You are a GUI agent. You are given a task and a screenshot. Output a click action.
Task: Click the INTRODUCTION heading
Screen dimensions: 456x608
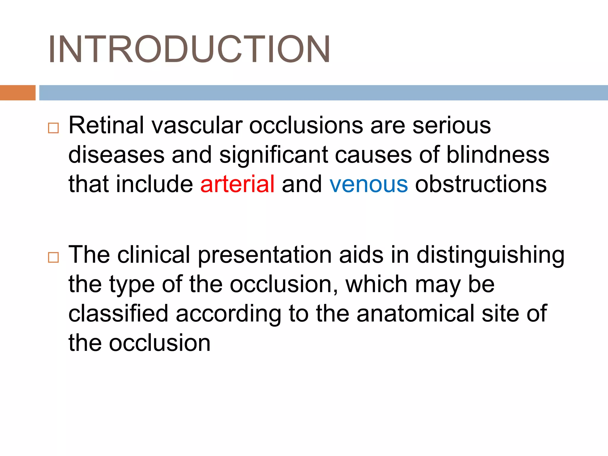(x=189, y=49)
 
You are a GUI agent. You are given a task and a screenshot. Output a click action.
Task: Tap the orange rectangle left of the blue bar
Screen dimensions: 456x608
(x=18, y=93)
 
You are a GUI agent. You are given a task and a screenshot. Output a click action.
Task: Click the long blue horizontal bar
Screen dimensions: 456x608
(x=323, y=93)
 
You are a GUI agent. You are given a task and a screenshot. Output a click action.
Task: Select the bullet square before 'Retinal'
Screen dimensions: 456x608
(x=53, y=128)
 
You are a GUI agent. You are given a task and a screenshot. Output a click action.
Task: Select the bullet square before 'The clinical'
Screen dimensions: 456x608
(x=53, y=257)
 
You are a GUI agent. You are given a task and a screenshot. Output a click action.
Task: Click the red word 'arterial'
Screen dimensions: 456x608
(x=237, y=184)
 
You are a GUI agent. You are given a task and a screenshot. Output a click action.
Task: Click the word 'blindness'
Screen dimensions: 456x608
(x=498, y=155)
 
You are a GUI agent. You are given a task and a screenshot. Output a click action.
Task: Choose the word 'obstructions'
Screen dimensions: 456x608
(x=481, y=184)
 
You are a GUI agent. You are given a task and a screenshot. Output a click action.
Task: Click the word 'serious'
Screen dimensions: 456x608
(x=452, y=125)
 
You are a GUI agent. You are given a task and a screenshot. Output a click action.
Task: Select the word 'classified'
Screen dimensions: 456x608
(x=118, y=313)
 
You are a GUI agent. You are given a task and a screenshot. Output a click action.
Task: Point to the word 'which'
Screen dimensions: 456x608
(x=376, y=284)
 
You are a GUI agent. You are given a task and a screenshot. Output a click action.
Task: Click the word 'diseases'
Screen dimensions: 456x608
(x=116, y=155)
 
